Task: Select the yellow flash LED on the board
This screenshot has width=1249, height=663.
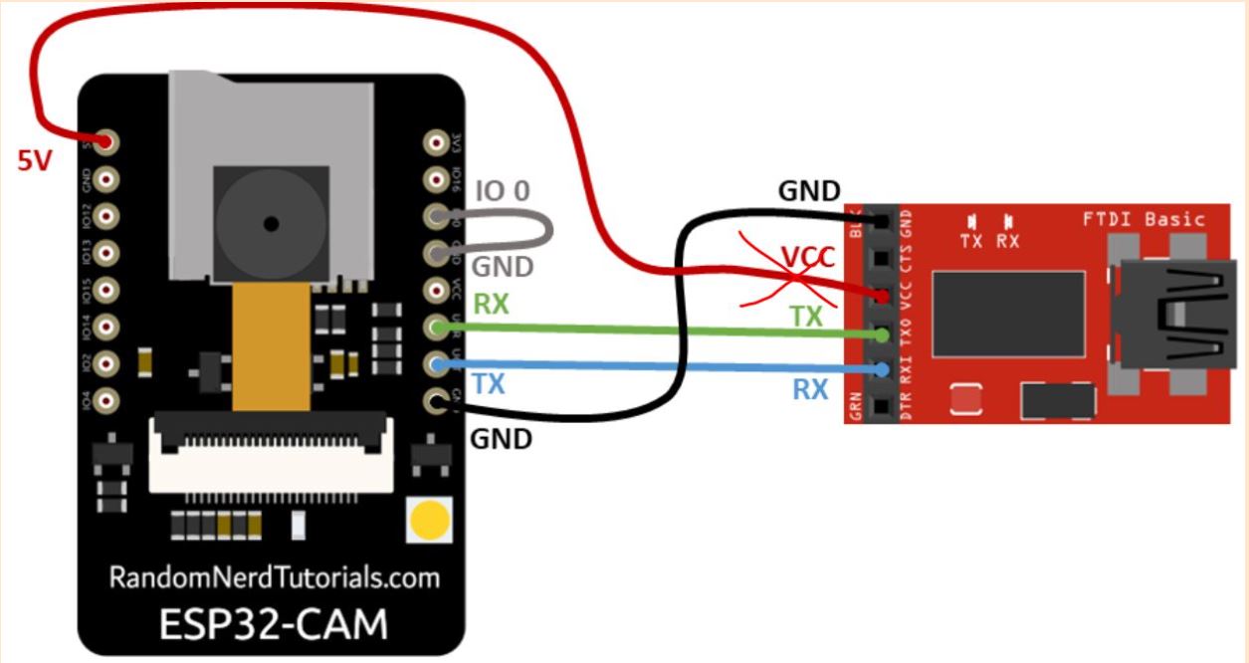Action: pyautogui.click(x=430, y=520)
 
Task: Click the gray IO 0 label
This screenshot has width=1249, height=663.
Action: pyautogui.click(x=503, y=190)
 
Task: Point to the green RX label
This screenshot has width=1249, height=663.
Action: pyautogui.click(x=491, y=304)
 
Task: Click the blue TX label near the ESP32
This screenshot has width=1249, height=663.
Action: pyautogui.click(x=489, y=382)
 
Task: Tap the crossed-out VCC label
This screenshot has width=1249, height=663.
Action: pyautogui.click(x=806, y=259)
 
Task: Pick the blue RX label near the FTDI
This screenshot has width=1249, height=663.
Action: pyautogui.click(x=810, y=389)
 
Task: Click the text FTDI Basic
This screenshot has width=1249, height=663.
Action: pyautogui.click(x=1144, y=219)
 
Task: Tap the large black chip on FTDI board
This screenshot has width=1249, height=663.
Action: pyautogui.click(x=1008, y=314)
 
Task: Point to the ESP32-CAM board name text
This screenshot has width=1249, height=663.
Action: pyautogui.click(x=274, y=624)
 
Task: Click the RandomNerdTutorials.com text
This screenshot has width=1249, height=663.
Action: pyautogui.click(x=274, y=578)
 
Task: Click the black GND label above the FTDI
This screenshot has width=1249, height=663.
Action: pyautogui.click(x=809, y=191)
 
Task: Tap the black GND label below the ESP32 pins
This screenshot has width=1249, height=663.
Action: pyautogui.click(x=501, y=438)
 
